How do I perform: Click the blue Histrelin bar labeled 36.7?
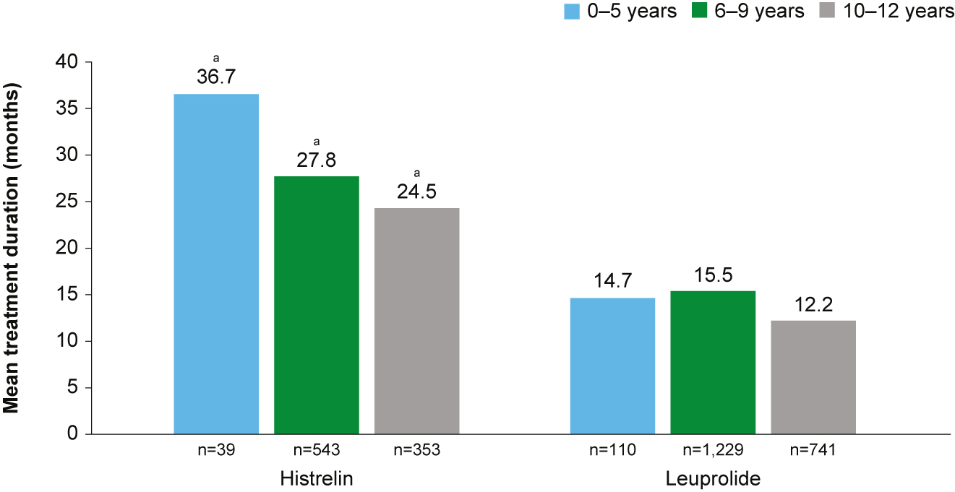[x=216, y=264]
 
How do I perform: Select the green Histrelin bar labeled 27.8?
[x=317, y=305]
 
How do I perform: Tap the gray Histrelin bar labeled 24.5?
[x=416, y=321]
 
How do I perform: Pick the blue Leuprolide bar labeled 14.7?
[x=612, y=366]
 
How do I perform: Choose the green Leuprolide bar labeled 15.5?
[x=713, y=362]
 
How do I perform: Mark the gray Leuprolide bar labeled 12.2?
[x=813, y=377]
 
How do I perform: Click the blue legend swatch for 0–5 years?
[x=572, y=12]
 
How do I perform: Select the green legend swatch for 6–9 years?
[x=699, y=12]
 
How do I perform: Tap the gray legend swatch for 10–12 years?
[x=826, y=12]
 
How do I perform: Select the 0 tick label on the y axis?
[x=72, y=434]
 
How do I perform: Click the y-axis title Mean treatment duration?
[x=12, y=247]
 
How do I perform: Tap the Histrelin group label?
[x=317, y=478]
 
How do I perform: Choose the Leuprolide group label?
[x=713, y=478]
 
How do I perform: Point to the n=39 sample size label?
[x=216, y=452]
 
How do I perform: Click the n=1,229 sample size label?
[x=713, y=452]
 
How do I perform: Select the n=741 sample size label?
[x=813, y=452]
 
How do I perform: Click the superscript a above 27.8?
[x=317, y=142]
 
